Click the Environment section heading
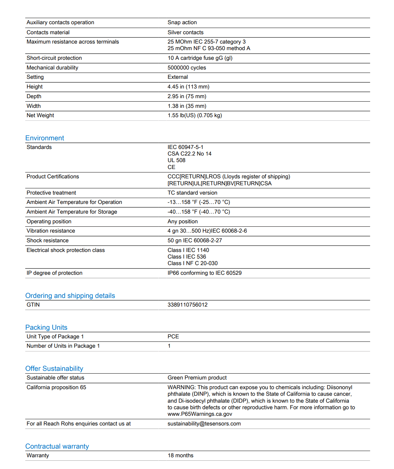tap(45, 138)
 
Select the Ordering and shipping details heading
tap(70, 296)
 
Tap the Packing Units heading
tap(46, 328)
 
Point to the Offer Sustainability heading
tap(54, 369)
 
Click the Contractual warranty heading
tap(57, 447)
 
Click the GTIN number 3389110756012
tap(188, 305)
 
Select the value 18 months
tap(180, 456)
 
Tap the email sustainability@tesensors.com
tap(204, 424)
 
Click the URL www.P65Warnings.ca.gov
tap(200, 414)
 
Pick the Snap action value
tap(182, 22)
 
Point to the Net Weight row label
tap(40, 115)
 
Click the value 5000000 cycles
tap(187, 68)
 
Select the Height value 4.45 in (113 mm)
tap(188, 87)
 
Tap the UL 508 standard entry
tap(177, 160)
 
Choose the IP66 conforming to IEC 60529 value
tap(205, 273)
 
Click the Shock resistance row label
tap(48, 241)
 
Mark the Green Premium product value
tap(197, 378)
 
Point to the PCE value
tap(173, 337)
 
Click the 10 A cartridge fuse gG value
tap(200, 58)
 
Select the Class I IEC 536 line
tap(187, 257)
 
